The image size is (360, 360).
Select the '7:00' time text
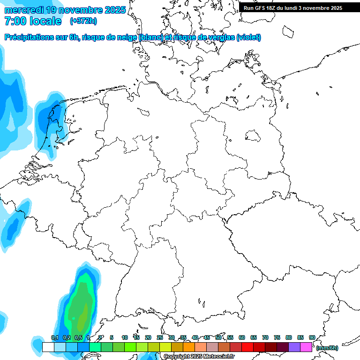click(x=15, y=21)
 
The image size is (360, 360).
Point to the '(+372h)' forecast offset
click(x=83, y=21)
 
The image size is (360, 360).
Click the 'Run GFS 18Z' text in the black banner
click(x=263, y=8)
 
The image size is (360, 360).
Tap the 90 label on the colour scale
click(x=312, y=337)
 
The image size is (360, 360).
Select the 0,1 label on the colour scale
click(x=54, y=337)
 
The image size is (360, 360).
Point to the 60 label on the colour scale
click(x=242, y=337)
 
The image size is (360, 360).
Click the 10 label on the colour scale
click(x=125, y=337)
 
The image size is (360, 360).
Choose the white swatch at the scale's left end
click(x=48, y=347)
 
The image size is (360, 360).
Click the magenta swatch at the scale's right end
click(x=306, y=347)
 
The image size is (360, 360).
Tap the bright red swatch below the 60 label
click(x=247, y=347)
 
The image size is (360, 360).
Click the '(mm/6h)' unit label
click(x=327, y=348)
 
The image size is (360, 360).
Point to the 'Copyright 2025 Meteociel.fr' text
click(x=199, y=357)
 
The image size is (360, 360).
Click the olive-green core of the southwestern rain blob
click(x=82, y=319)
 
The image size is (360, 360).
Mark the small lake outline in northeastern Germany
click(x=253, y=136)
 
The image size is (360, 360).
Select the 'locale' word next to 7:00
click(x=45, y=21)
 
